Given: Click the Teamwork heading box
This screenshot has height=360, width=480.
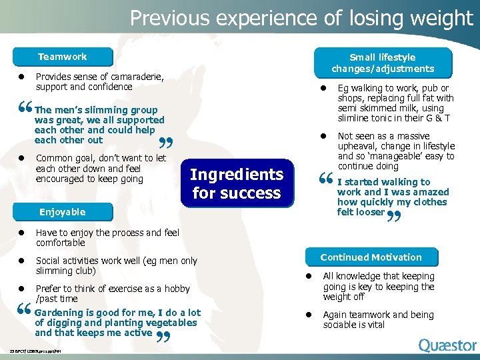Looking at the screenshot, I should [62, 57].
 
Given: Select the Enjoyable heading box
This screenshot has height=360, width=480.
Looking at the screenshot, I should [62, 212].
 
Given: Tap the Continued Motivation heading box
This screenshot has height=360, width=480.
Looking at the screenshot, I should [371, 257].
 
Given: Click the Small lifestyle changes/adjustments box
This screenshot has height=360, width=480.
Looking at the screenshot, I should [382, 63].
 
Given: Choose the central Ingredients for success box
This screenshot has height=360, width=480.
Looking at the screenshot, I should [237, 183].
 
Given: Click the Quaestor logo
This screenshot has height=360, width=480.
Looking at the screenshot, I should [447, 345].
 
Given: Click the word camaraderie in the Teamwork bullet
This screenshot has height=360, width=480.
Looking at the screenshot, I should [130, 77].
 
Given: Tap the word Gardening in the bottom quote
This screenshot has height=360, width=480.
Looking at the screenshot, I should [60, 313].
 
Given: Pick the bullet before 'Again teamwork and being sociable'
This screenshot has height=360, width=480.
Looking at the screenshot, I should [309, 315].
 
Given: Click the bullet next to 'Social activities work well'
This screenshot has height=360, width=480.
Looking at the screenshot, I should [21, 261].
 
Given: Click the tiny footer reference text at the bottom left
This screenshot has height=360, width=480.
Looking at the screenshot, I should [36, 351].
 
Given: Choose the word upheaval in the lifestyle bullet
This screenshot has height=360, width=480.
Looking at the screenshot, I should [359, 146].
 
